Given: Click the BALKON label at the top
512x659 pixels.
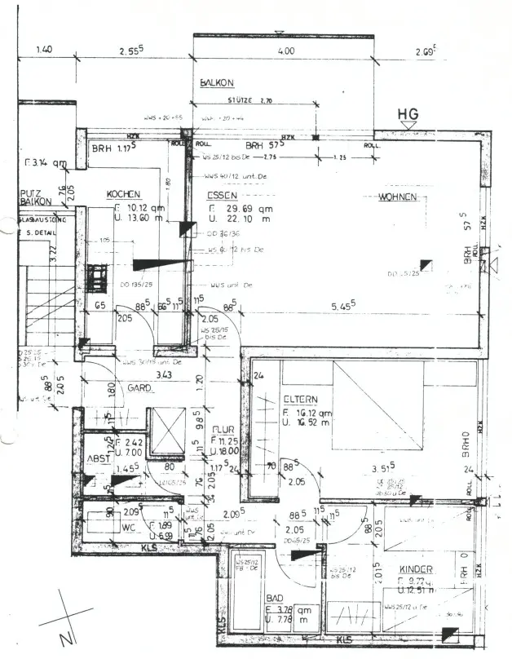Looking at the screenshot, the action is pyautogui.click(x=217, y=83).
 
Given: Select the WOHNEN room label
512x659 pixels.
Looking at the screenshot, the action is pyautogui.click(x=398, y=197).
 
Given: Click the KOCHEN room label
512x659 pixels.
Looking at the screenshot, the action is pyautogui.click(x=124, y=194).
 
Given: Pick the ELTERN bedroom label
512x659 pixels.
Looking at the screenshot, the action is pyautogui.click(x=299, y=400).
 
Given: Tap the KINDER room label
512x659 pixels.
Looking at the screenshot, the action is pyautogui.click(x=416, y=569).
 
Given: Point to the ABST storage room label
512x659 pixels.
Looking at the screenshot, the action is pyautogui.click(x=98, y=459).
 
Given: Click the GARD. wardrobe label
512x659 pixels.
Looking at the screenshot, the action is pyautogui.click(x=140, y=389).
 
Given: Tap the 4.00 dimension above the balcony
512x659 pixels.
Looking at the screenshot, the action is pyautogui.click(x=285, y=51).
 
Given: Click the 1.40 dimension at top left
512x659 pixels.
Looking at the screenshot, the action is pyautogui.click(x=45, y=50).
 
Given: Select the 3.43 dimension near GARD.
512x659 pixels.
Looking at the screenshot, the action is pyautogui.click(x=166, y=376).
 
